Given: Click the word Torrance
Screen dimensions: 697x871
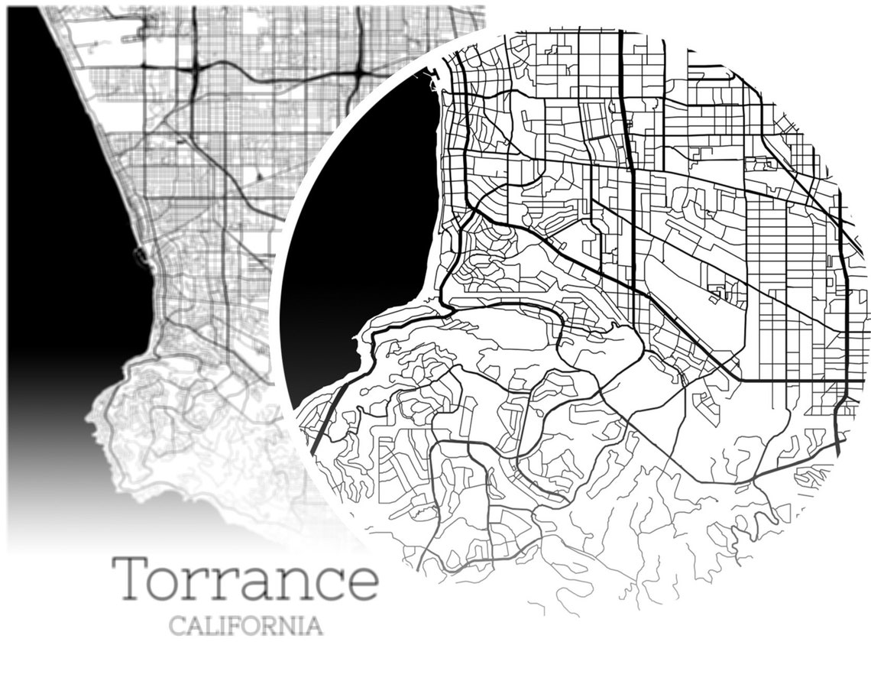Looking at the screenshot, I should (x=245, y=579).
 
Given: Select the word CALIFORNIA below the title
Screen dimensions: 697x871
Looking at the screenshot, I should (x=245, y=627).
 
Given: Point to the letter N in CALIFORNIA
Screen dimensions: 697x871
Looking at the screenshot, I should (x=289, y=627).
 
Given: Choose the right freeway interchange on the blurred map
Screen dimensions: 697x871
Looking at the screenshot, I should (x=358, y=73).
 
